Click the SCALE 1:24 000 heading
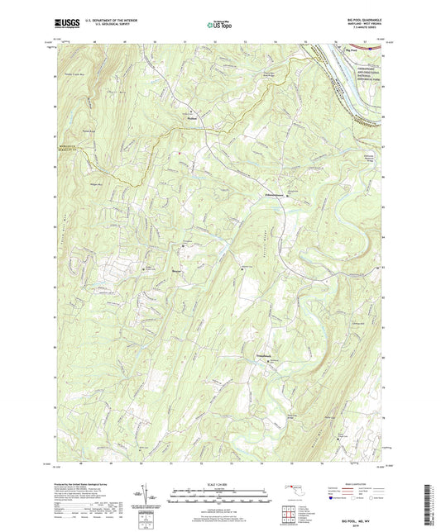pos(220,483)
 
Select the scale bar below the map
pos(220,493)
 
